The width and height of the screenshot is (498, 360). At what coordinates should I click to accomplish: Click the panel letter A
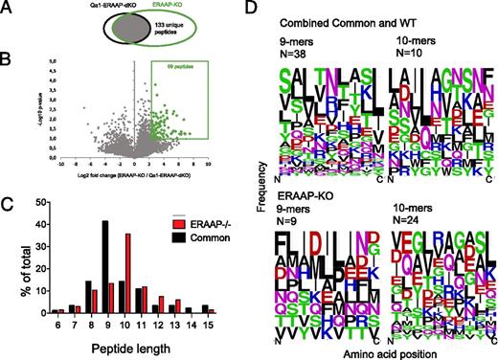7,8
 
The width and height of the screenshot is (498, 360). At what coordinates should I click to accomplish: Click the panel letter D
251,8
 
